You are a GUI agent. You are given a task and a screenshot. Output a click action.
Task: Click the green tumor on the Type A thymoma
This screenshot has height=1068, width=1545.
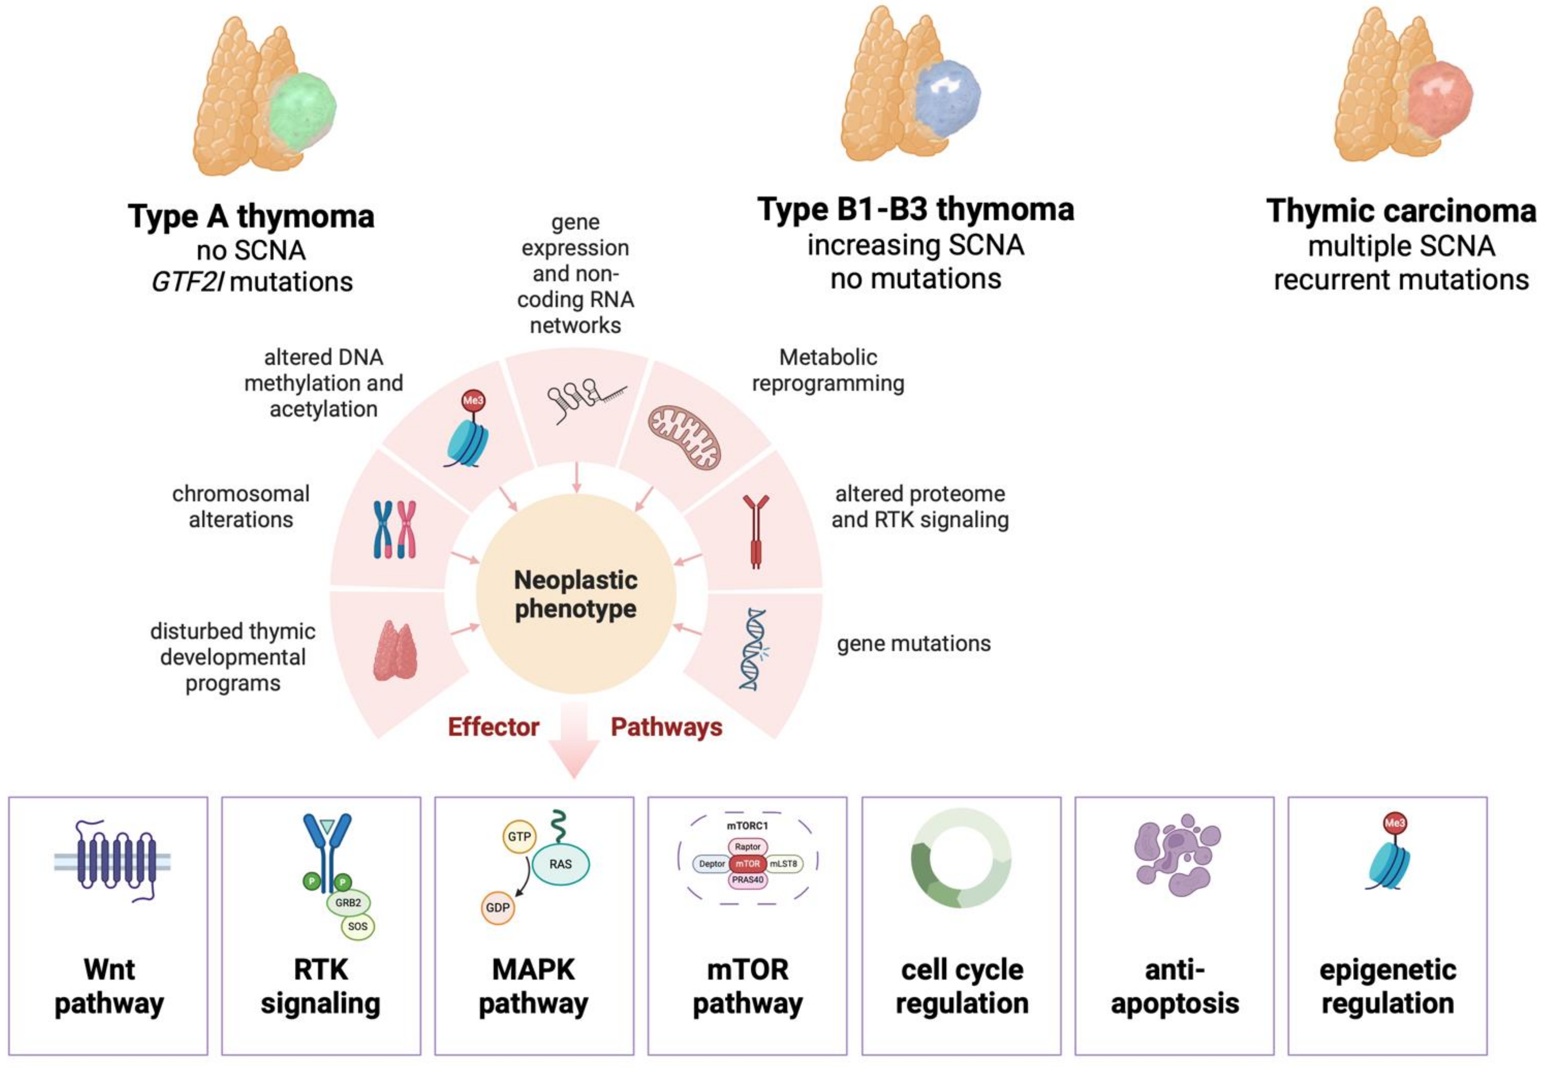(x=303, y=107)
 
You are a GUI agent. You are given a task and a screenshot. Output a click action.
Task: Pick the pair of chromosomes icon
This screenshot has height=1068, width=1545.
(x=395, y=529)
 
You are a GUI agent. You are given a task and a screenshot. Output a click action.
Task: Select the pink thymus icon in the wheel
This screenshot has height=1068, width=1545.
(x=395, y=650)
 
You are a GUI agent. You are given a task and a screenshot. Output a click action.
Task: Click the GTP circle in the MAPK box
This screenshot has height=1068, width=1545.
(x=519, y=837)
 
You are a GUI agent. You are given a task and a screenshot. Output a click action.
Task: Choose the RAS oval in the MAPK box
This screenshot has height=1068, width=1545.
(x=561, y=864)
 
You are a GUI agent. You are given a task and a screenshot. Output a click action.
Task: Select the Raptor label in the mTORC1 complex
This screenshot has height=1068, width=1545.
(x=748, y=846)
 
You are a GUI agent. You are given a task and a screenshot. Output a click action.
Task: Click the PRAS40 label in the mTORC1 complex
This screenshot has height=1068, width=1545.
(x=748, y=880)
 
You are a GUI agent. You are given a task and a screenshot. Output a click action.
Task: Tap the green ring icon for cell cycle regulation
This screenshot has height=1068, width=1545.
(x=961, y=859)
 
